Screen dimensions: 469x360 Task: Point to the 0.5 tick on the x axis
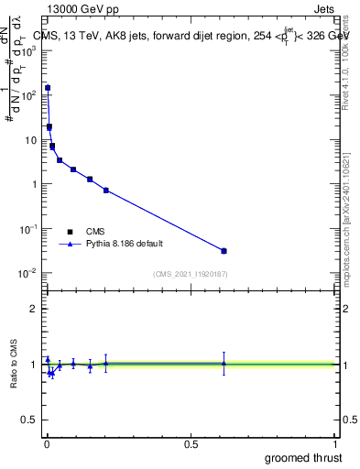point(191,442)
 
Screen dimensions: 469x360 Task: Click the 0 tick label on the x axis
point(47,442)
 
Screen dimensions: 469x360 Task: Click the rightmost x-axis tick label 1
point(334,442)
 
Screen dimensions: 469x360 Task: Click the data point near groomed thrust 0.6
point(224,251)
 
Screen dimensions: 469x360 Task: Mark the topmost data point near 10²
point(48,88)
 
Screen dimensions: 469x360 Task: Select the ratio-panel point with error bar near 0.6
point(224,364)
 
